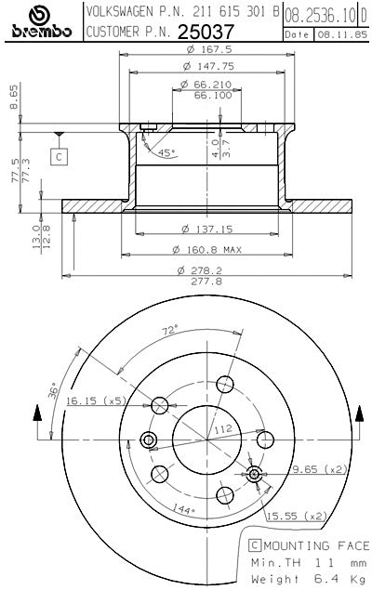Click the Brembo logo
(41, 21)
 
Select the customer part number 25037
(206, 32)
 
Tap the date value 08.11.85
(342, 34)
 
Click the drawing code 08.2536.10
(320, 16)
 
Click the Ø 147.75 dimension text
(208, 66)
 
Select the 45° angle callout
(166, 152)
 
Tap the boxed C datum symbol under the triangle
(59, 157)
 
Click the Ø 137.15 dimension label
(207, 229)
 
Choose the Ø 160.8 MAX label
(206, 249)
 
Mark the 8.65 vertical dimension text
(14, 97)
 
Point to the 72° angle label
(170, 331)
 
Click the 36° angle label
(53, 391)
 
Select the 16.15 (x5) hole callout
(96, 400)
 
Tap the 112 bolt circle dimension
(223, 429)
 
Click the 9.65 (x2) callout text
(320, 469)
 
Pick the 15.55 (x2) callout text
(297, 516)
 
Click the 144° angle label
(184, 509)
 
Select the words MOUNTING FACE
(316, 545)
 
